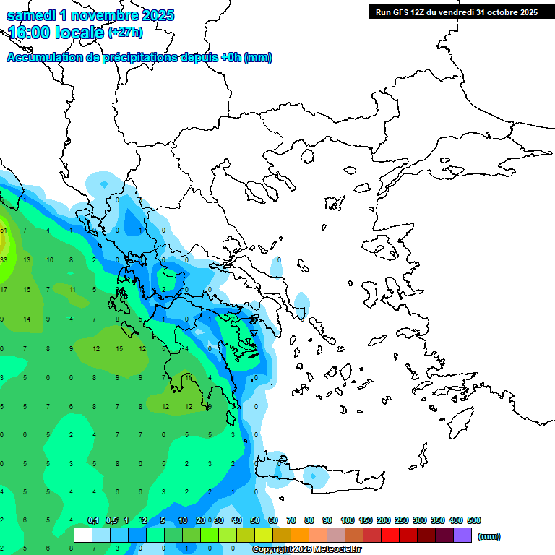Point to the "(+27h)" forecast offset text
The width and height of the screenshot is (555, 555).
click(x=125, y=33)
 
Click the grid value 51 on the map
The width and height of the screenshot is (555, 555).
click(x=4, y=231)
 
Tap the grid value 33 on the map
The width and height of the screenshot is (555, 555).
click(x=4, y=259)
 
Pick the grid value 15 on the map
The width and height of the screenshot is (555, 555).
click(x=120, y=349)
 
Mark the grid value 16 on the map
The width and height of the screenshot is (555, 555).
click(x=26, y=290)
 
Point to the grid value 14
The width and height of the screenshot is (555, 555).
click(x=26, y=319)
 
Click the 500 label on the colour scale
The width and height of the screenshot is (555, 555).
click(x=474, y=520)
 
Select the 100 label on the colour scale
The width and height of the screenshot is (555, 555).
click(x=348, y=520)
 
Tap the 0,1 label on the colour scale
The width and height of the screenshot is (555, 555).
click(x=93, y=520)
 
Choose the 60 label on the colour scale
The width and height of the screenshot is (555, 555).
click(x=273, y=520)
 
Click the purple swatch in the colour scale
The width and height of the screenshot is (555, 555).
click(x=462, y=535)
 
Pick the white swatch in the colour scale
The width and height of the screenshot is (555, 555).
click(x=83, y=535)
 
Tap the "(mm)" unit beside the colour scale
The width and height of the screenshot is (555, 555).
click(x=489, y=536)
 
